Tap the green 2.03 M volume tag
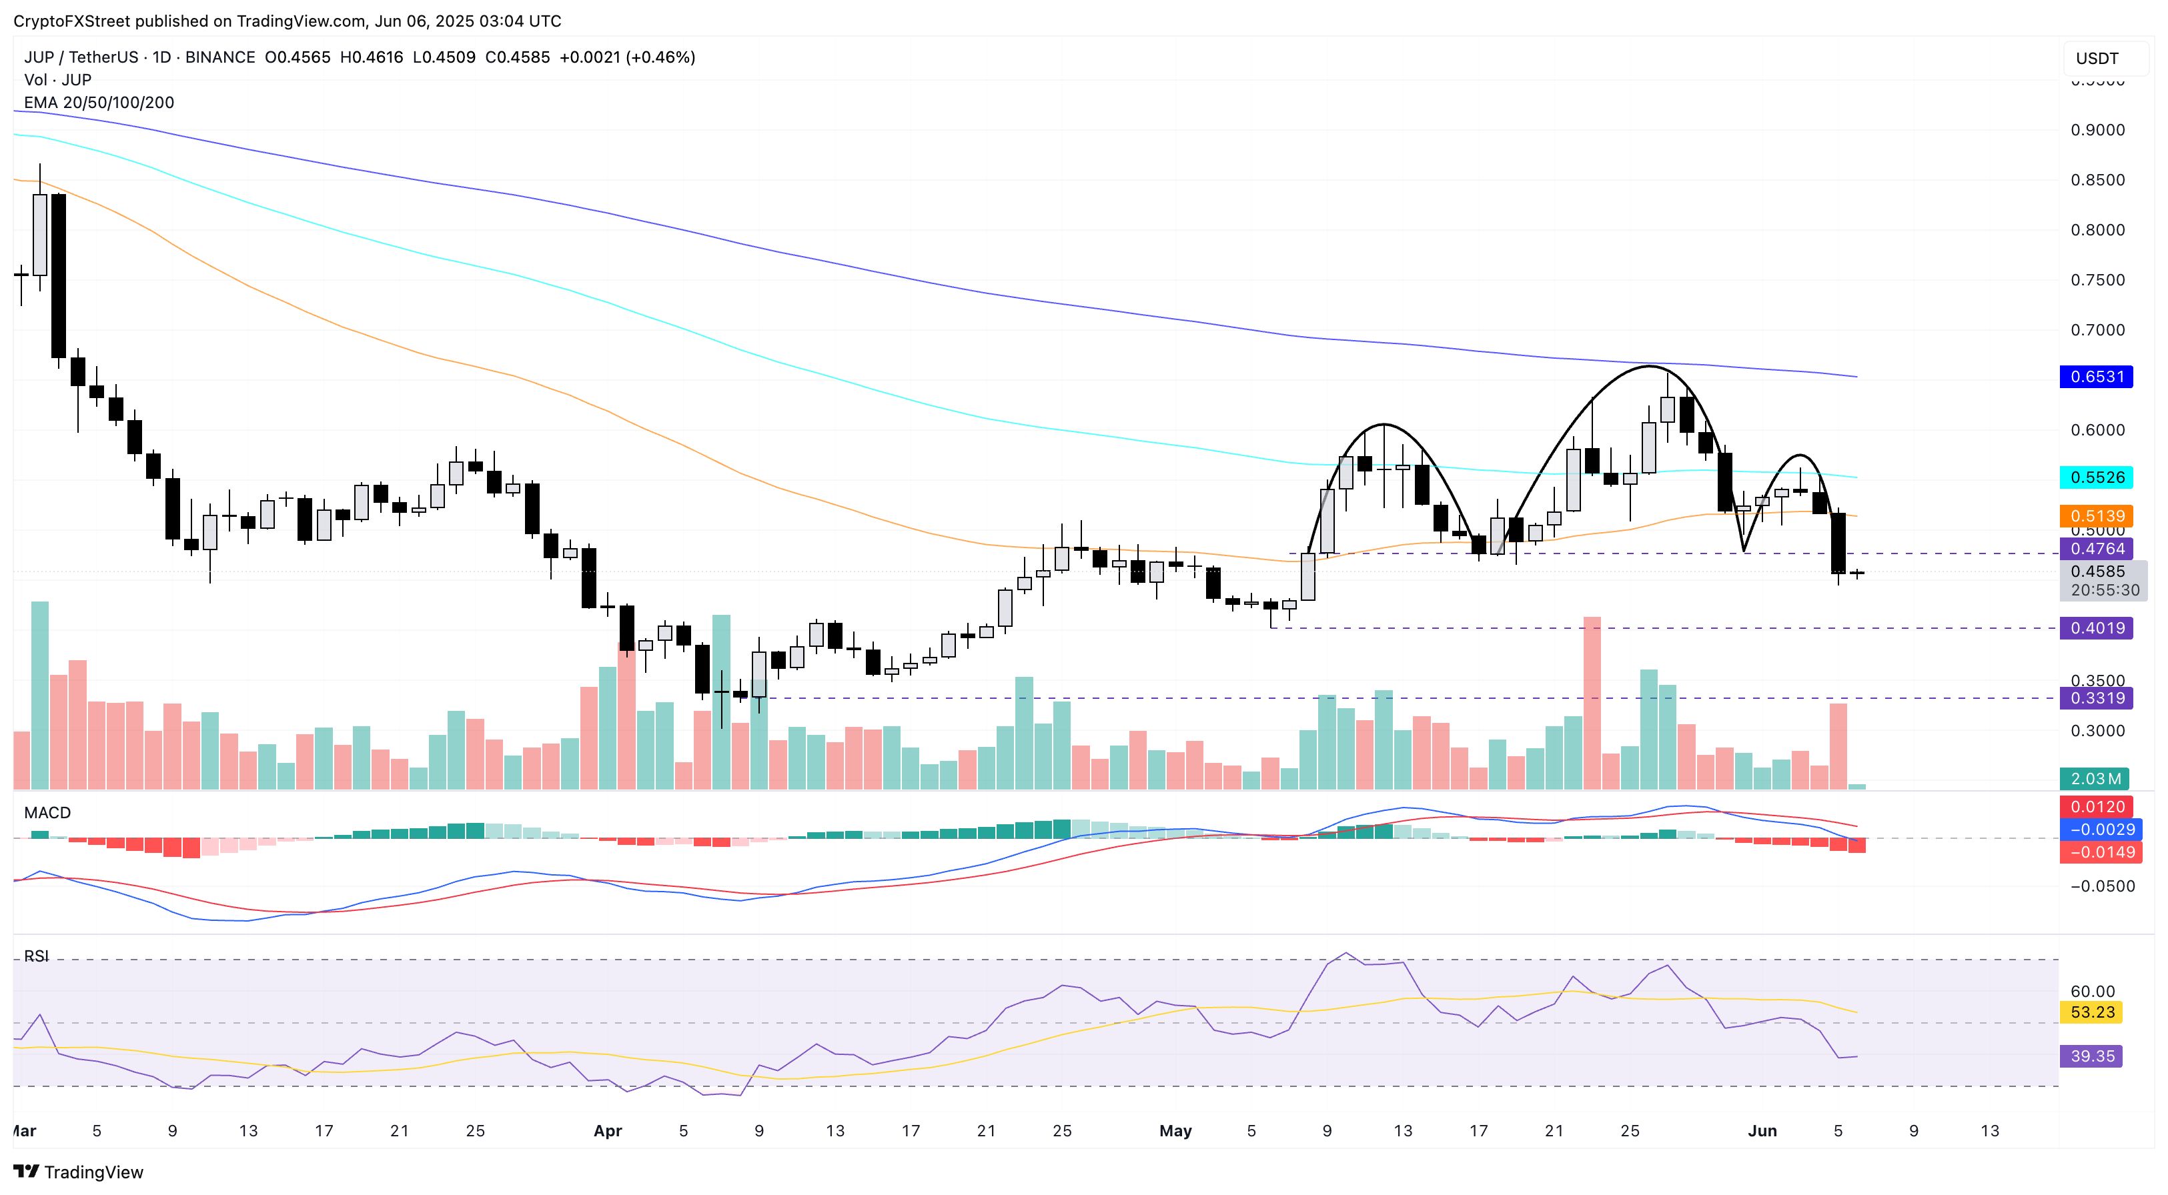point(2094,778)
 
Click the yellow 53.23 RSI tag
point(2091,1012)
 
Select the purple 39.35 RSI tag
point(2091,1056)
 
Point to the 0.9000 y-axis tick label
point(2097,129)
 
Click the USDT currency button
point(2097,58)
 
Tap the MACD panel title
point(47,812)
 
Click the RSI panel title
point(36,956)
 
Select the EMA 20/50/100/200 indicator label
point(99,103)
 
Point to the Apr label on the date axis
point(608,1131)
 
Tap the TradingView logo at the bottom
point(79,1172)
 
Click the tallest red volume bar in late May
point(1592,703)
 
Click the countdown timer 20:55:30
point(2105,590)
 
